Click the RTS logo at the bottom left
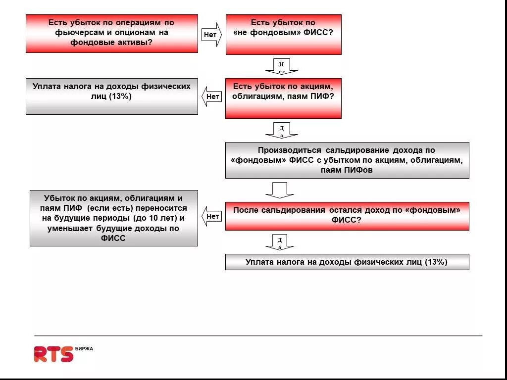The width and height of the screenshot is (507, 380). (x=53, y=354)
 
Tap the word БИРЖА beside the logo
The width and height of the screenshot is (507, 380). (x=84, y=349)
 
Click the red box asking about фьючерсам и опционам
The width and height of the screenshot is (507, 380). (x=111, y=33)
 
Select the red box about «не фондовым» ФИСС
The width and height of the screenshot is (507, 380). (x=283, y=34)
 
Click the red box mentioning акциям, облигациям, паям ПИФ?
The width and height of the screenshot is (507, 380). (x=283, y=98)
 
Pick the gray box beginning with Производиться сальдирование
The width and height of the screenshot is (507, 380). (x=347, y=160)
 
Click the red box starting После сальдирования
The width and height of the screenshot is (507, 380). (x=347, y=216)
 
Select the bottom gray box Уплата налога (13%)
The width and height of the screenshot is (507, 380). (x=347, y=262)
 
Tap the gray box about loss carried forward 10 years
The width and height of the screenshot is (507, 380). (x=113, y=218)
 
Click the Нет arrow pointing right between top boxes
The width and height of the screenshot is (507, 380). (x=211, y=35)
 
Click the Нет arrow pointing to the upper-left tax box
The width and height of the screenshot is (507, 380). (x=211, y=96)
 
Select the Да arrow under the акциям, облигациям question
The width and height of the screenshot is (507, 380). (x=281, y=131)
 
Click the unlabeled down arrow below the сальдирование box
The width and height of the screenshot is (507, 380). (x=280, y=190)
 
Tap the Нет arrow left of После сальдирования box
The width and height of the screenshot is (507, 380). (x=211, y=216)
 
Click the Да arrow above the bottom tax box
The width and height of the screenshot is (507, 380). (x=280, y=242)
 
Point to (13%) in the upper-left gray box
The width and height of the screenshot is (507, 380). (x=120, y=96)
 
